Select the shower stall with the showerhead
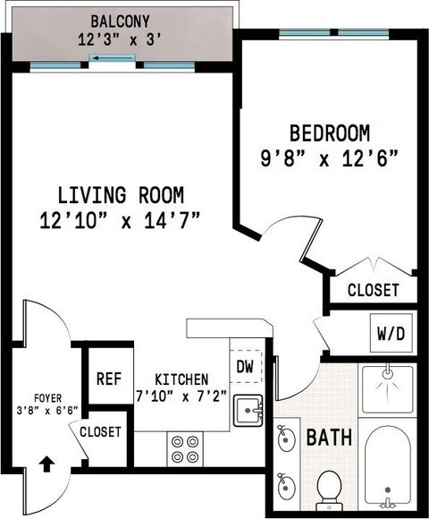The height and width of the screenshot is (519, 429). (x=387, y=389)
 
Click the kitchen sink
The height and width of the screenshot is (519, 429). (x=248, y=411)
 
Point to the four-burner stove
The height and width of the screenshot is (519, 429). (x=185, y=449)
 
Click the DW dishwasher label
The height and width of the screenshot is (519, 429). (x=245, y=366)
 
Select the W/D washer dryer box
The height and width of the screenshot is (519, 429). (x=391, y=333)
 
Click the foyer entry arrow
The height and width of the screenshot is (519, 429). (x=46, y=464)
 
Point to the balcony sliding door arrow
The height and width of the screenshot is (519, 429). (x=112, y=58)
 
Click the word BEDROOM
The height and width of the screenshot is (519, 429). (x=330, y=133)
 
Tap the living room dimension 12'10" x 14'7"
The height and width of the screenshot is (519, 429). (x=120, y=220)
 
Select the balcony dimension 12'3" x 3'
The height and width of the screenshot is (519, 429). (x=120, y=40)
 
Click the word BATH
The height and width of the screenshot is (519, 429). (x=329, y=437)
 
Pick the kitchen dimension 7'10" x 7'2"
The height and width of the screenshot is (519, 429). (x=181, y=396)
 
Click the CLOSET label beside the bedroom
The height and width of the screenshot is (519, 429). (x=374, y=290)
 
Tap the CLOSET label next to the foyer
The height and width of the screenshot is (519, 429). (x=100, y=431)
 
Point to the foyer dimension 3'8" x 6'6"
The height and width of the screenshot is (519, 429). (x=47, y=411)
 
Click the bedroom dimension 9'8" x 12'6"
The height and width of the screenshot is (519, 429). (x=329, y=158)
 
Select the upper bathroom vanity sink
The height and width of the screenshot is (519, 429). (x=286, y=438)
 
